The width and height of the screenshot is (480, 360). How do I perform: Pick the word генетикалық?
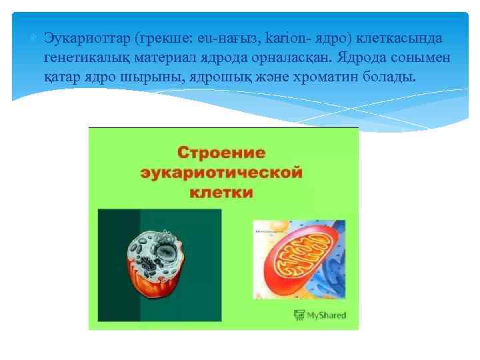(x=91, y=58)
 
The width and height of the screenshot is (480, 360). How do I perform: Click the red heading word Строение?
(x=222, y=153)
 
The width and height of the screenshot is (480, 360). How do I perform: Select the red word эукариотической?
(x=222, y=173)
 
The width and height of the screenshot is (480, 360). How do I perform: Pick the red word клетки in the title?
(x=222, y=193)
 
